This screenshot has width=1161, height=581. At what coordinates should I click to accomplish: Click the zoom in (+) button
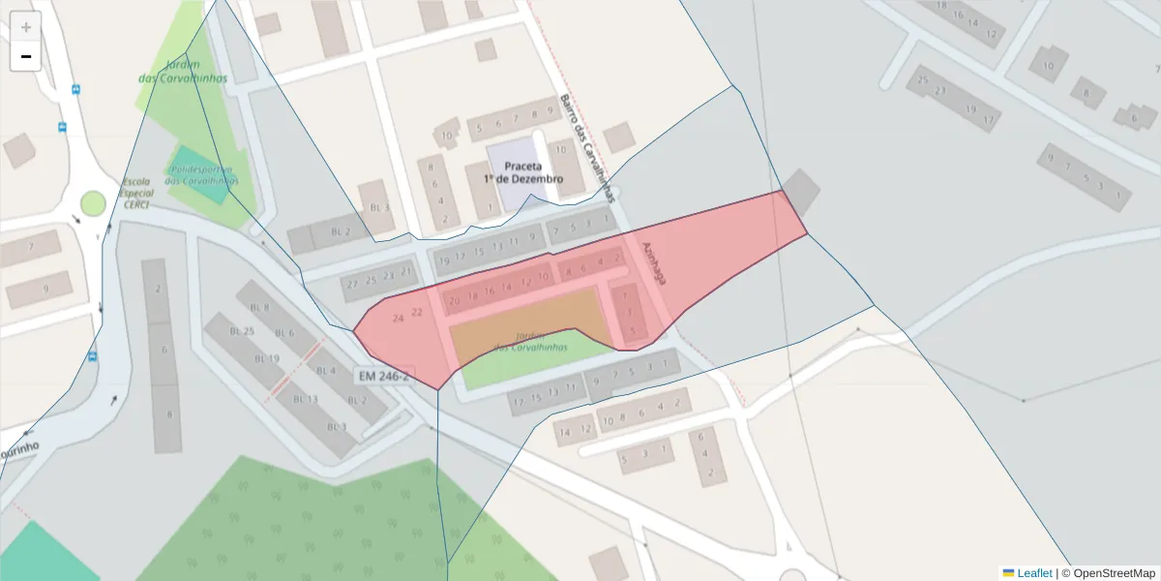26,27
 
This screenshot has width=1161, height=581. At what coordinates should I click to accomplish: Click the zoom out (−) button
26,56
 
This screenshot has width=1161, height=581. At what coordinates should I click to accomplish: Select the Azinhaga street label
653,261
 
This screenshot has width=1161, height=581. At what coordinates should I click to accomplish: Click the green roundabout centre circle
93,203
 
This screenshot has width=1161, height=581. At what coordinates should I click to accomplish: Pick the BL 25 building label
242,331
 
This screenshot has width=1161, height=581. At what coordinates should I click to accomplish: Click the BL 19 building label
267,358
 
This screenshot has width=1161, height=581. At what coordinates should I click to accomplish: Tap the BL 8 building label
259,307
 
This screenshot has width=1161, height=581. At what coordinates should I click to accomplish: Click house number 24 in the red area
398,318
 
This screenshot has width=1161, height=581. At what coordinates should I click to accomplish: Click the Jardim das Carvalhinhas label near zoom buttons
182,71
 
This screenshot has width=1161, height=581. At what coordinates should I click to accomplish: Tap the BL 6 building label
283,333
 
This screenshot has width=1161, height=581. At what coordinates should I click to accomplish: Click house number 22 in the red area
417,312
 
